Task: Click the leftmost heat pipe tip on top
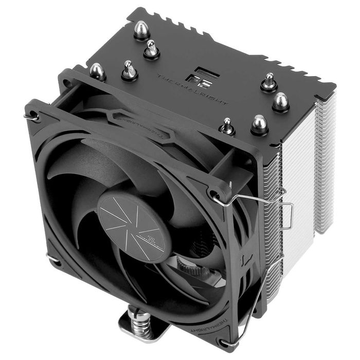pos(97,71)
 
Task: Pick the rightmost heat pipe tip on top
pos(280,101)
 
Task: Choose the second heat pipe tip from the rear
pos(151,49)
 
